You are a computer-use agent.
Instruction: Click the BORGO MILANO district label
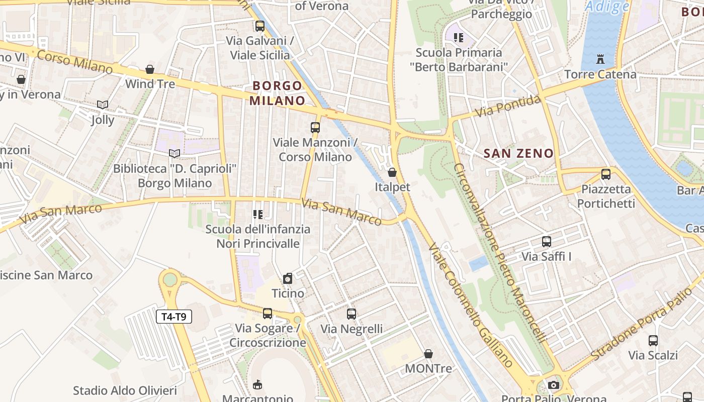pos(277,93)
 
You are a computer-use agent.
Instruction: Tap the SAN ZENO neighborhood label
pos(518,154)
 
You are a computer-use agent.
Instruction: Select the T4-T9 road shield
pos(174,317)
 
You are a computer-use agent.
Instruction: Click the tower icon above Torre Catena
pos(600,59)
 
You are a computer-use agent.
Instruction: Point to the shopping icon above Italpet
pos(392,172)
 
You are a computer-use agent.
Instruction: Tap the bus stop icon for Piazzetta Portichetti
pos(606,174)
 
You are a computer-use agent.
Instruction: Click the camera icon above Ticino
pos(288,278)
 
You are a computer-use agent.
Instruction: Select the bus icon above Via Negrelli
pos(351,314)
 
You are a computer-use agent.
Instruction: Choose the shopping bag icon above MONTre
pos(428,354)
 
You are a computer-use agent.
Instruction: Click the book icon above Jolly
pos(103,105)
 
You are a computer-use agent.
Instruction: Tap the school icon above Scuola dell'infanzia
pos(258,215)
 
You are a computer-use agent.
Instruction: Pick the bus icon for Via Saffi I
pos(547,242)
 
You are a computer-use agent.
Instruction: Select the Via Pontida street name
pos(508,106)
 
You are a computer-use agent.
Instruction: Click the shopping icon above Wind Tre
pos(150,69)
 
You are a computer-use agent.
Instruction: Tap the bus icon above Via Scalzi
pos(653,341)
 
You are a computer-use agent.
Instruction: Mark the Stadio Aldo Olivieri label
pos(125,390)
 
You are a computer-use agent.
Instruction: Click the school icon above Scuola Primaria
pos(458,37)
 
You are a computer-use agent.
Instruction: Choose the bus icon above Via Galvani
pos(260,26)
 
